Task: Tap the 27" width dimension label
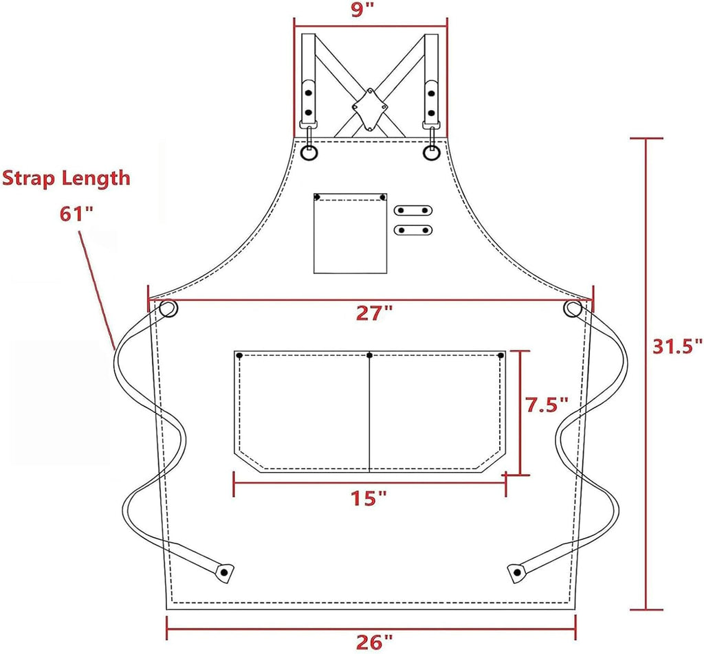pyautogui.click(x=374, y=314)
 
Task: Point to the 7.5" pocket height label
pyautogui.click(x=547, y=405)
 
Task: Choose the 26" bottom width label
pyautogui.click(x=374, y=642)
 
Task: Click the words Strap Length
pyautogui.click(x=66, y=178)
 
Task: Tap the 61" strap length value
pyautogui.click(x=76, y=213)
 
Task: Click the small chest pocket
pyautogui.click(x=350, y=234)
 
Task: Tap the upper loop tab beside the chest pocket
pyautogui.click(x=413, y=210)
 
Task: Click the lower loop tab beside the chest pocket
pyautogui.click(x=413, y=229)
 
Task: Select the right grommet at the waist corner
pyautogui.click(x=572, y=310)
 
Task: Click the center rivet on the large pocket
pyautogui.click(x=370, y=355)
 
